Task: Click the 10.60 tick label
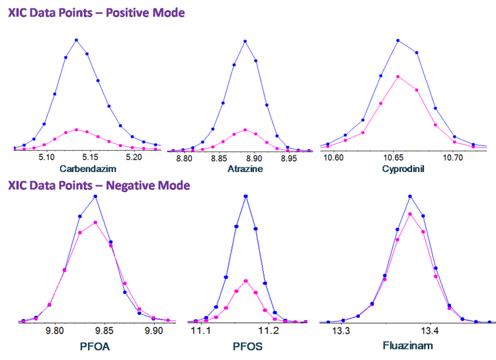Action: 333,158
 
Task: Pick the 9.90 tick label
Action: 153,330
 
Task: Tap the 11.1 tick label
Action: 200,330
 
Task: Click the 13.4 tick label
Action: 430,330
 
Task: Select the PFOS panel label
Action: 246,345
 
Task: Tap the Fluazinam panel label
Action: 405,345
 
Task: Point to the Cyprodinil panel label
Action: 403,169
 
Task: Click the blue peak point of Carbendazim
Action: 77,40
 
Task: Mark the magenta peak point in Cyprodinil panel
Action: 398,76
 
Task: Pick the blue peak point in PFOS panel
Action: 245,196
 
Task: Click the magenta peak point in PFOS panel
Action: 245,281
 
